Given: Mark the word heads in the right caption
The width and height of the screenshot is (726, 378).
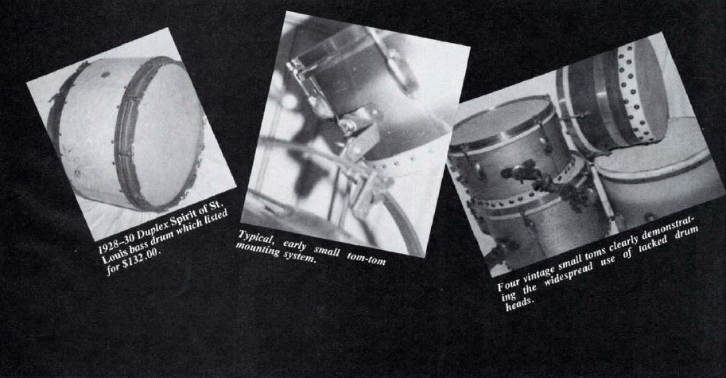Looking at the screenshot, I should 518,303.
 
